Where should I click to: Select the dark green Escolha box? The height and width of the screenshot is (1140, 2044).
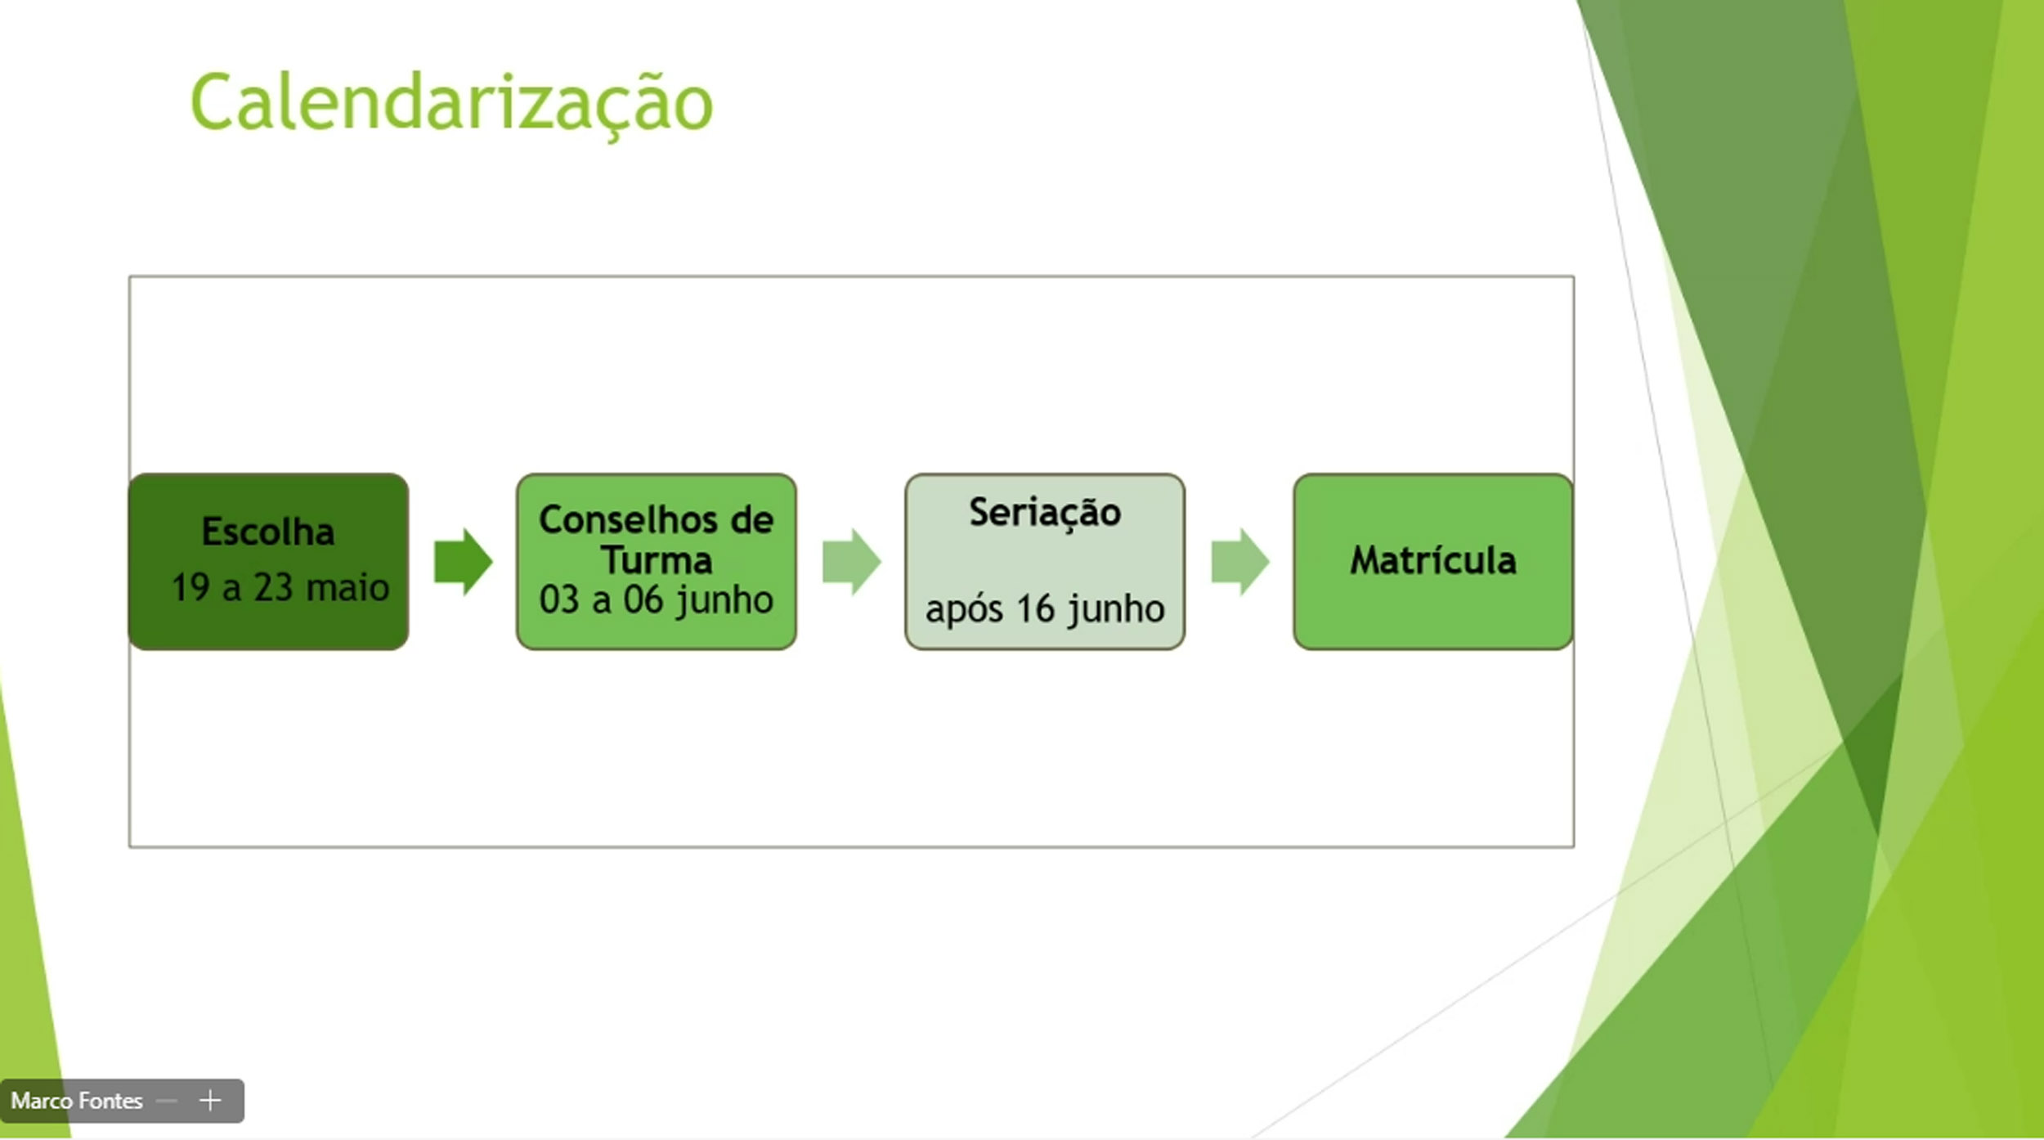268,562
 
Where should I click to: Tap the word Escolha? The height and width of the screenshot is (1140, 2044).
268,532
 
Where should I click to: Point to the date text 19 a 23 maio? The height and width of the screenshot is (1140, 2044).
280,587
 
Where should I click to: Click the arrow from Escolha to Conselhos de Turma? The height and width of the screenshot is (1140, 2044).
463,562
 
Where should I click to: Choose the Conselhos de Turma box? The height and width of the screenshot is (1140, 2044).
657,562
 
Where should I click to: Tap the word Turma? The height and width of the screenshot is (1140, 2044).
657,560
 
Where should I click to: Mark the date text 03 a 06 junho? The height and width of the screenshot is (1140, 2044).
657,600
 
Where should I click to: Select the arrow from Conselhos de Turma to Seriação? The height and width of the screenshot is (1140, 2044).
851,562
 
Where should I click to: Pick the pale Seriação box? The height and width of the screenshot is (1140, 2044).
1045,562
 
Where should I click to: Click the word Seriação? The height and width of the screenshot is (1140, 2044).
1045,514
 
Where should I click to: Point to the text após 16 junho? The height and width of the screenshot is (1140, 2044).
1045,609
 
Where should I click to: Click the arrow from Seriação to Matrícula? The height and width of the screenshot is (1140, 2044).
1240,562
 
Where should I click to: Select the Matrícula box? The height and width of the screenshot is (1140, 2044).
1433,562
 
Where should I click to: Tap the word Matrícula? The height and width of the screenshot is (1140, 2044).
1433,560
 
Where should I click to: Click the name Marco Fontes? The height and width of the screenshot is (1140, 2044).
77,1101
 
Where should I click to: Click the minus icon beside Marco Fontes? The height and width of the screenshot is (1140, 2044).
167,1101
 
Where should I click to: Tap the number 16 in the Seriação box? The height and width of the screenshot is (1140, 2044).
1036,608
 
